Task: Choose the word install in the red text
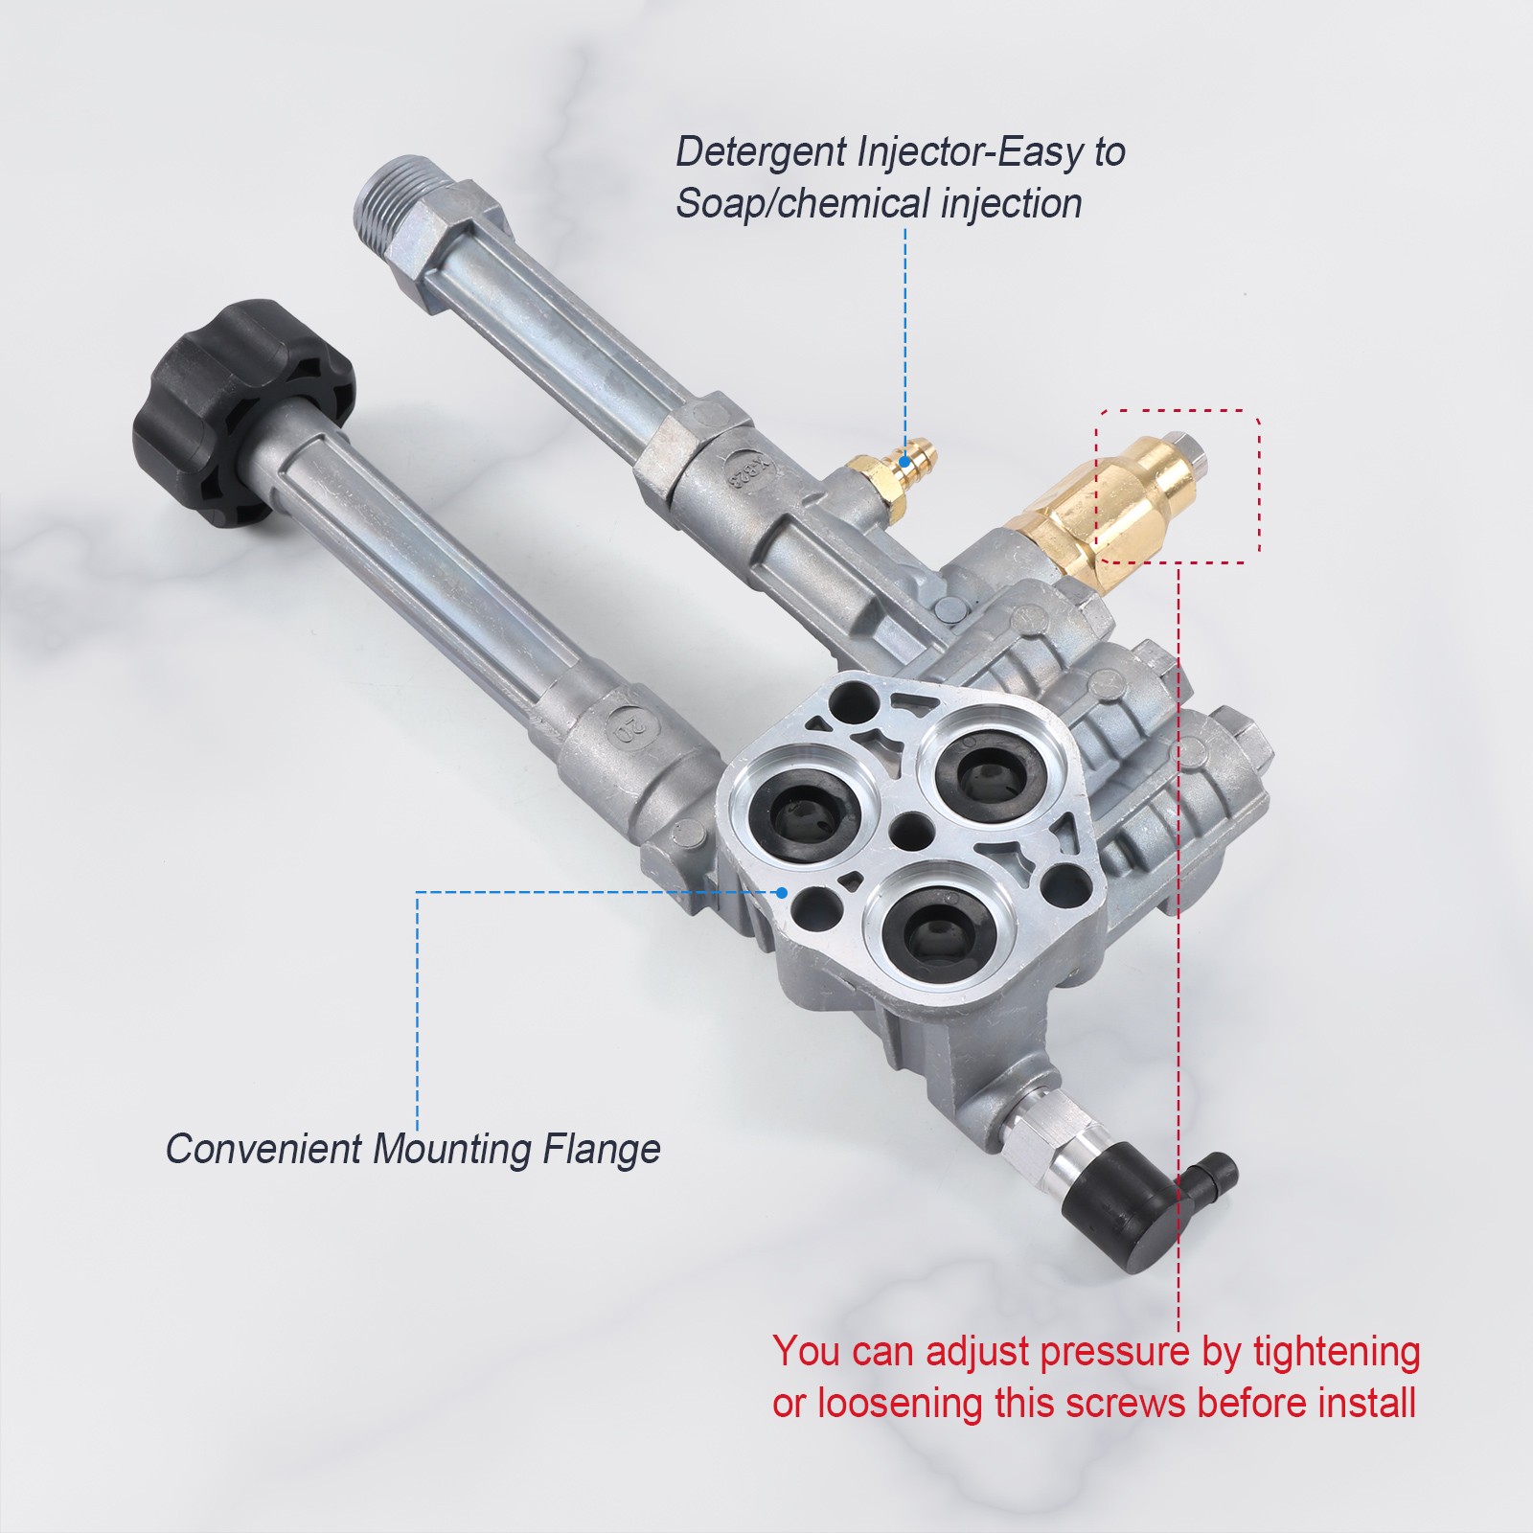(1367, 1403)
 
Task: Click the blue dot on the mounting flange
(783, 892)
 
